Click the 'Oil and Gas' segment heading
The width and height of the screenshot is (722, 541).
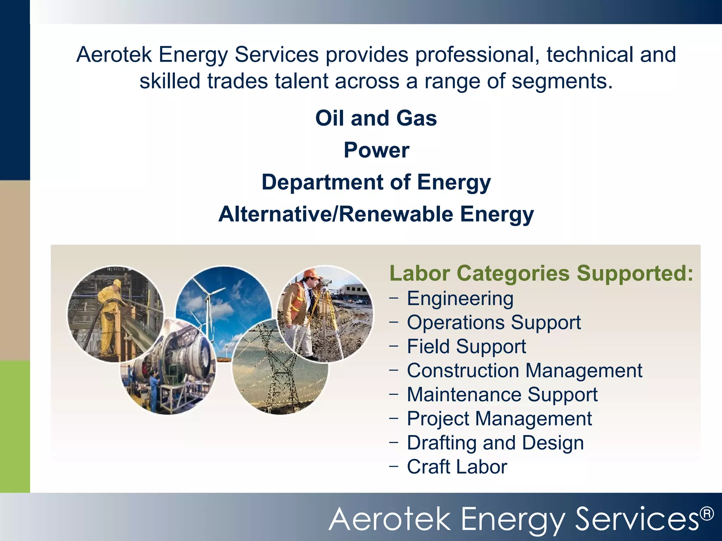pos(376,118)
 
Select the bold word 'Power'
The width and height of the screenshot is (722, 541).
pos(377,150)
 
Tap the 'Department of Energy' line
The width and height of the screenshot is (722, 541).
pos(376,182)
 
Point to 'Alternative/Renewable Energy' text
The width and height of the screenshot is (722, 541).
pos(376,214)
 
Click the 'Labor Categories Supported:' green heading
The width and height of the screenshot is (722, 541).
pos(541,273)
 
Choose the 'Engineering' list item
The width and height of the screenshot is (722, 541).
pos(460,299)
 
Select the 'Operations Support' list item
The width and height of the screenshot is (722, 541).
pos(494,323)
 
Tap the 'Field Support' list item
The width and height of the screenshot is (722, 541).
pos(466,347)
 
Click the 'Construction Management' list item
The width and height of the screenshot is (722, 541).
pos(525,371)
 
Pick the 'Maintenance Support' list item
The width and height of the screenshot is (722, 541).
pos(502,394)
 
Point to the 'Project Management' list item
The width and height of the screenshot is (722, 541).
pos(499,419)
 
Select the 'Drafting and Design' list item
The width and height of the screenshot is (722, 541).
pos(495,443)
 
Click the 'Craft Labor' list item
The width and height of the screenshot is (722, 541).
pos(457,467)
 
